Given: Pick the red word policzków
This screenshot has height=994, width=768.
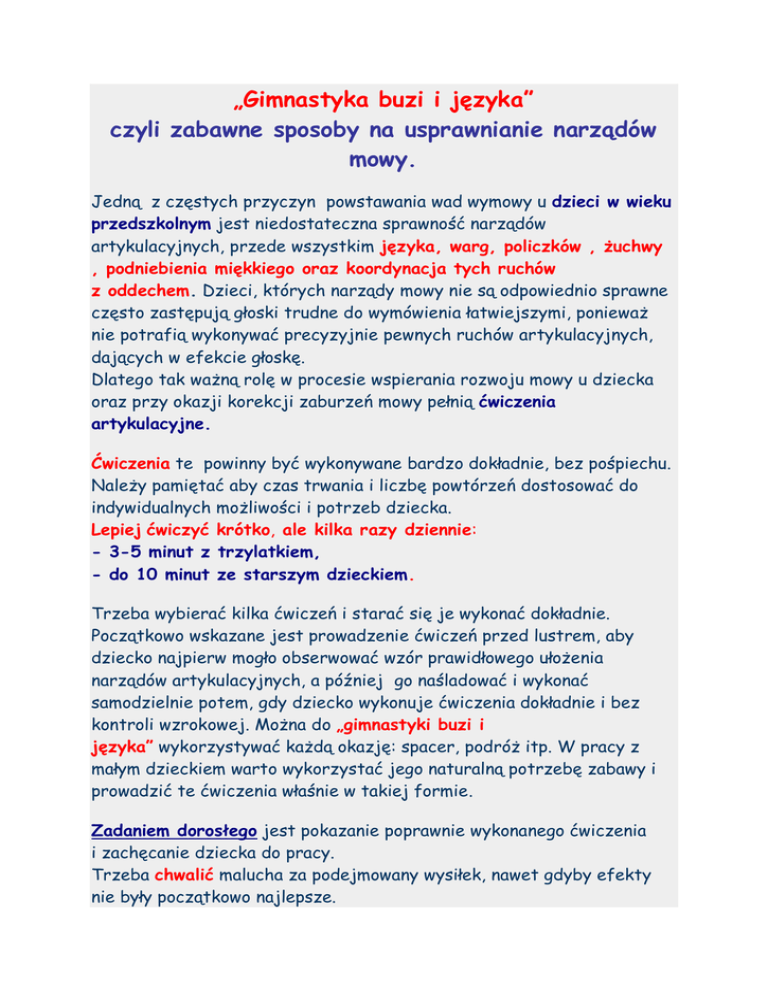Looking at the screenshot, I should point(528,246).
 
